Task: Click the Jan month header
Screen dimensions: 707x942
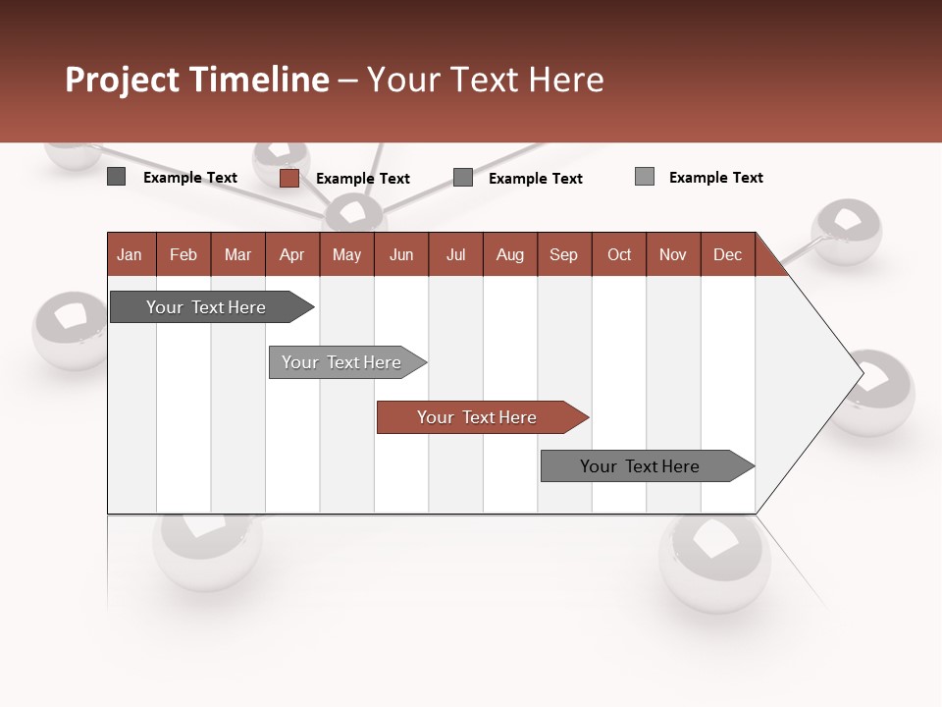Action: (130, 254)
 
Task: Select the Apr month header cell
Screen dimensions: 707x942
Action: (291, 254)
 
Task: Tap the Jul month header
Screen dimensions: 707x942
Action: (455, 254)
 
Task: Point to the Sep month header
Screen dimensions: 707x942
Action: (563, 254)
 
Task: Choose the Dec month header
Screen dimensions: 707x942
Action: (727, 254)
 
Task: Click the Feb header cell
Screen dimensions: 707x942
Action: (183, 254)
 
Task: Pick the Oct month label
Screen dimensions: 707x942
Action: (619, 254)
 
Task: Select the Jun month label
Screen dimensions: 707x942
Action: (400, 254)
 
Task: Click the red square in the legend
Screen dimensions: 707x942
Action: (288, 178)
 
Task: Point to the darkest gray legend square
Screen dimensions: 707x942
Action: (116, 177)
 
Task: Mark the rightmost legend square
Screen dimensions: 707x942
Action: (644, 177)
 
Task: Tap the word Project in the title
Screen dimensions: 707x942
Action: (123, 80)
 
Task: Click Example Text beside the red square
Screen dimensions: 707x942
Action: (362, 179)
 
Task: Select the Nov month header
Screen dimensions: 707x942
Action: (673, 254)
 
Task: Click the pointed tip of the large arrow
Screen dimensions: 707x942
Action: (861, 373)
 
